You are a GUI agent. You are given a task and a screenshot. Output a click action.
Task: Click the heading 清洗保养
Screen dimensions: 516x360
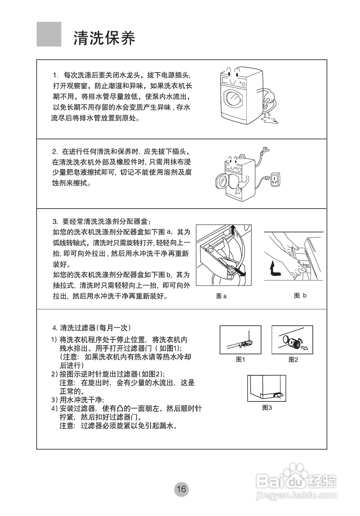(104, 38)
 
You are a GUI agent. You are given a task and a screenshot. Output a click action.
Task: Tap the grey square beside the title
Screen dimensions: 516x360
(49, 34)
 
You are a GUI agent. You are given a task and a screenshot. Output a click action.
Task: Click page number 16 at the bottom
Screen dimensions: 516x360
(181, 489)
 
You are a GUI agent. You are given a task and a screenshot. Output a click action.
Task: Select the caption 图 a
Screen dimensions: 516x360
(221, 296)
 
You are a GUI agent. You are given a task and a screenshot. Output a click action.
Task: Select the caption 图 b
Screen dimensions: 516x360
(300, 296)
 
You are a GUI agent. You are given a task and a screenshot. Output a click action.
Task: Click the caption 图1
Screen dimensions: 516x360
(240, 359)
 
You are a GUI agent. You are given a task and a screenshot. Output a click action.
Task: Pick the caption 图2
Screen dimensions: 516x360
(293, 359)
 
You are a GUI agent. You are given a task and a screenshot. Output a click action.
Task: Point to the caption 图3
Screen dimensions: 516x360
(267, 408)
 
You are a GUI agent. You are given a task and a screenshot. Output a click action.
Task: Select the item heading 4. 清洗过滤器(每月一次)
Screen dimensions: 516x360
(92, 328)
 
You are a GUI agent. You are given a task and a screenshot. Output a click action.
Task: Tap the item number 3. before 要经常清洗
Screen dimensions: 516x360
(55, 221)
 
